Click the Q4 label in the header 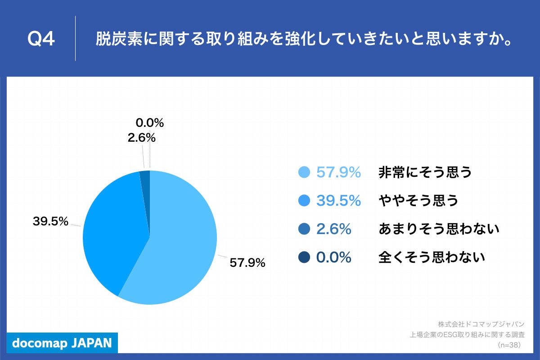click(x=41, y=40)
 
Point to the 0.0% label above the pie click(x=149, y=122)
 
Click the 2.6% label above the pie click(x=141, y=138)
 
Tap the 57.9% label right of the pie click(x=247, y=263)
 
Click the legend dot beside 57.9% click(x=304, y=172)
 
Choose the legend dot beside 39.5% click(x=304, y=201)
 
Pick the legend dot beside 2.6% click(x=304, y=229)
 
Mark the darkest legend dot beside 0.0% click(x=304, y=257)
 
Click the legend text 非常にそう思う click(x=425, y=172)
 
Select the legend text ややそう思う click(x=418, y=201)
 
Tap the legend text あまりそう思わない click(x=439, y=229)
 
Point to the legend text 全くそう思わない click(x=432, y=257)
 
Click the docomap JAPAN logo click(x=62, y=343)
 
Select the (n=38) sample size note click(x=509, y=345)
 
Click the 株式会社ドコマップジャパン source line click(x=481, y=324)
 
